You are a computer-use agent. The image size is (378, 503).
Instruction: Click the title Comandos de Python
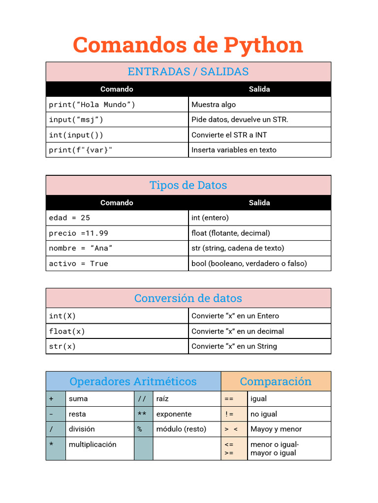coord(188,45)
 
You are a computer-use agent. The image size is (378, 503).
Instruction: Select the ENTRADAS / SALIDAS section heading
coord(188,72)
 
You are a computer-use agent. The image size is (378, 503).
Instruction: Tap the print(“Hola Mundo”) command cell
coord(92,105)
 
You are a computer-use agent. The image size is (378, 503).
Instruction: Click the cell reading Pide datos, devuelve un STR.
coord(240,120)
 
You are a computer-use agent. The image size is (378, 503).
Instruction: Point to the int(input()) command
coord(76,135)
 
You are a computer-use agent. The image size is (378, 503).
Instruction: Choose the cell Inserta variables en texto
coord(234,150)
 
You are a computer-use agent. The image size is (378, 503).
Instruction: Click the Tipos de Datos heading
coord(188,185)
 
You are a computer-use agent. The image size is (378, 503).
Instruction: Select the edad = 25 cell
coord(69,218)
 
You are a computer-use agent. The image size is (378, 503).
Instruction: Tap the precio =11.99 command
coord(78,233)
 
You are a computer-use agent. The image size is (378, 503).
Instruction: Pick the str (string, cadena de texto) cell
coord(238,249)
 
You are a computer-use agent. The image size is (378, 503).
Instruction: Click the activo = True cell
coord(78,264)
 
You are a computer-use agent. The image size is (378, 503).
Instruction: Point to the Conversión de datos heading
coord(188,298)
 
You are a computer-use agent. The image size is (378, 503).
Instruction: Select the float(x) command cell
coord(67,332)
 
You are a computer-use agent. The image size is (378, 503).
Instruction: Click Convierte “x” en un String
coord(234,347)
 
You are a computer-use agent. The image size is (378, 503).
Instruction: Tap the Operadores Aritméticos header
coord(133,382)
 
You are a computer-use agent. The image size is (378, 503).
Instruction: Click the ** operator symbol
coord(142,414)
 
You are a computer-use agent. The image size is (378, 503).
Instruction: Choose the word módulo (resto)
coord(181,429)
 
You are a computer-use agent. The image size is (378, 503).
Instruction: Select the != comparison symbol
coord(229,414)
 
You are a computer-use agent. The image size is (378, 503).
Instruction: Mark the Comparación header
coord(276,382)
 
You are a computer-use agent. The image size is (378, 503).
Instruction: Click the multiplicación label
coord(93,445)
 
